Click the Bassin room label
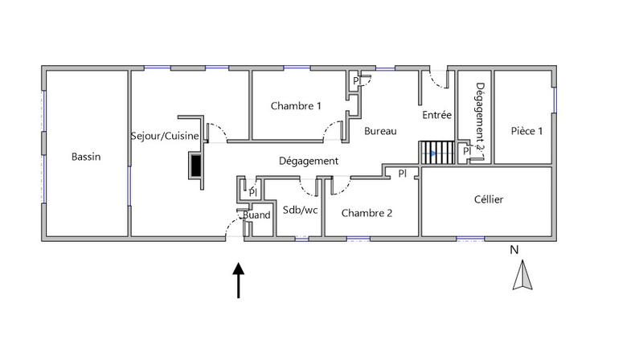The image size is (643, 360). coord(85,157)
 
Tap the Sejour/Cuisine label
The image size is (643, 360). coord(165,136)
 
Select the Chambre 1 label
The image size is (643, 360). coord(296,106)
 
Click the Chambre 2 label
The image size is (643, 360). coord(367,213)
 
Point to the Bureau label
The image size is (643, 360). coord(379,130)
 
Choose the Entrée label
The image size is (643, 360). coord(437,115)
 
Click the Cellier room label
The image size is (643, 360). coord(488,199)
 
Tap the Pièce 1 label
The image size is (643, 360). coord(526,131)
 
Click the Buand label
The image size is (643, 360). coord(257,215)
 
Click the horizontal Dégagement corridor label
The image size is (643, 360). coord(308,161)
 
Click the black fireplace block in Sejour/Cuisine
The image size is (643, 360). coord(195,164)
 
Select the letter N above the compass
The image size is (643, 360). coord(514,250)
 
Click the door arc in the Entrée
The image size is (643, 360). coord(438,80)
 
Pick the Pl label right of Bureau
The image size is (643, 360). coord(403,173)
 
